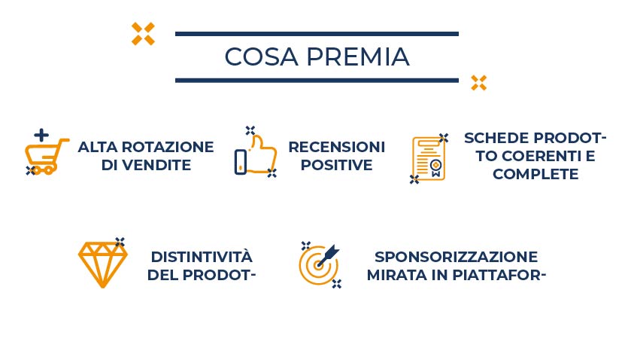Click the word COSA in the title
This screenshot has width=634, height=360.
tap(261, 56)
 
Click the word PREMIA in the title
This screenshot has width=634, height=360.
tap(358, 56)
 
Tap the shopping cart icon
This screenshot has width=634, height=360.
tap(45, 157)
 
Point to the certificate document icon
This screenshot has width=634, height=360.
tap(429, 159)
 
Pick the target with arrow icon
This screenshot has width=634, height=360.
tap(320, 264)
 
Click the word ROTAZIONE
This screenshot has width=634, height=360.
tap(168, 147)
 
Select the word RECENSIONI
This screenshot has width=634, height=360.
tap(336, 147)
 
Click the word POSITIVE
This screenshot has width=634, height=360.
tap(336, 165)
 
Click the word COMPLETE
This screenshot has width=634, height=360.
tap(535, 174)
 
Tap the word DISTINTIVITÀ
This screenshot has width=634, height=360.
tap(202, 256)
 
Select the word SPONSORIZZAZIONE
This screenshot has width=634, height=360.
tap(456, 257)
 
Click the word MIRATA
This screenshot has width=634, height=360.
tap(397, 276)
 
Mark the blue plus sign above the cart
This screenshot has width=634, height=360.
tap(41, 136)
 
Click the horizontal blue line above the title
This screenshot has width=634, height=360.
tap(317, 34)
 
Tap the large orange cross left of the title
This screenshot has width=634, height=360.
tap(143, 34)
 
